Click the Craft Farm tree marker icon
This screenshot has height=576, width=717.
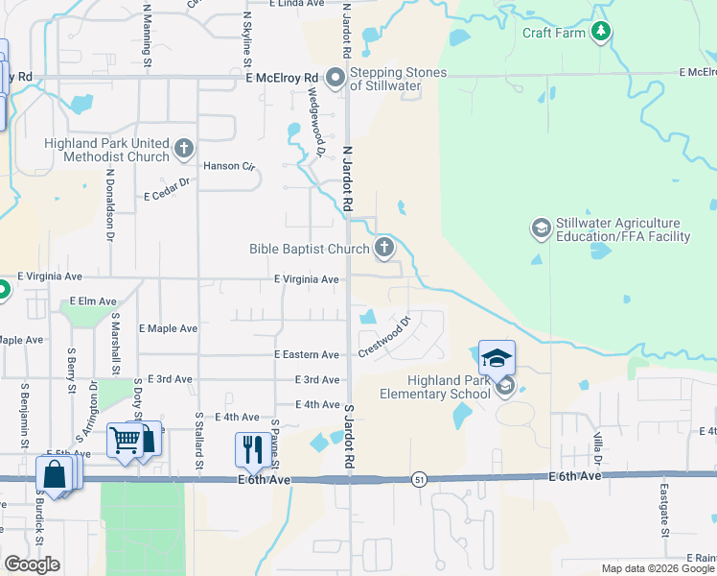coord(601,33)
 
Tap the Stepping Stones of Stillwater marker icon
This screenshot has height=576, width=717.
coord(335,78)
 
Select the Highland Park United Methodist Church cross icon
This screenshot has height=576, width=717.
coord(184,150)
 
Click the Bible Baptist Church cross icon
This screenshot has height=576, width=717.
coord(383,249)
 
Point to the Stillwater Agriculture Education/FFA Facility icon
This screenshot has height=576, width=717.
coord(541,229)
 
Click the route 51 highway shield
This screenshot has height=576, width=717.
coord(420,478)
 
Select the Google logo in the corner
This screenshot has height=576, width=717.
coord(32,564)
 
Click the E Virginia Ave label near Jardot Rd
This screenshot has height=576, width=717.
coord(307,279)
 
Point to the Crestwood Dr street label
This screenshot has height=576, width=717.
coord(384,335)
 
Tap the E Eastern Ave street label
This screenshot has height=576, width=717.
coord(307,355)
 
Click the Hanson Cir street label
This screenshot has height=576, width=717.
coord(235,166)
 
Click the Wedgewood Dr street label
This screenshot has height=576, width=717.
coord(313,121)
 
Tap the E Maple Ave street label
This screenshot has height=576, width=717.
coord(168,328)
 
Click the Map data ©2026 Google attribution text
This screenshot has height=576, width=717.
coord(659,568)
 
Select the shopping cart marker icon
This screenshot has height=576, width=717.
coord(125,441)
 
